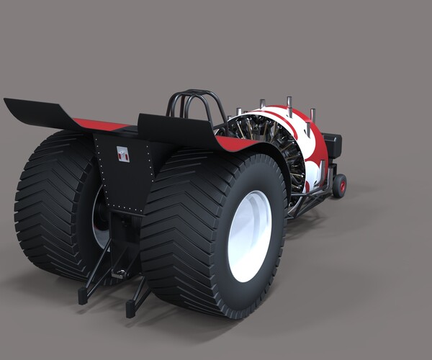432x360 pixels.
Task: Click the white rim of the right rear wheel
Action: pos(249,236)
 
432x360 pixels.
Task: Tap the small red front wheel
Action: pos(339,185)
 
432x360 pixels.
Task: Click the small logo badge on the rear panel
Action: pos(122,153)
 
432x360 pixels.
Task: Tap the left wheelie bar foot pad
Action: pos(84,294)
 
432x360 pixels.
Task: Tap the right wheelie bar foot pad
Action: pos(132,307)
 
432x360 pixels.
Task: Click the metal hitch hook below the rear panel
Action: pos(119,274)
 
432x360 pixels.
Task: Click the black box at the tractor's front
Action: pos(333,145)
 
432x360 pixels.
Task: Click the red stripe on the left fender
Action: pos(101,125)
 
